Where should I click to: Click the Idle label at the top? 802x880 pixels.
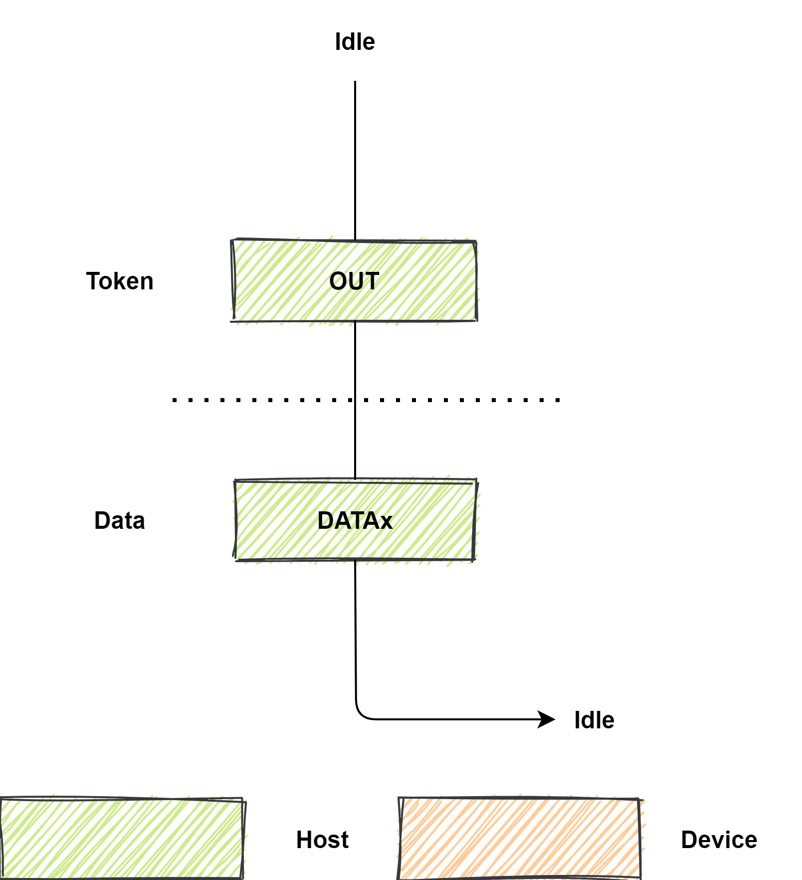click(x=355, y=42)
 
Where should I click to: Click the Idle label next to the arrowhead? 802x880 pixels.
click(x=594, y=720)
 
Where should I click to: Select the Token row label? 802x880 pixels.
click(x=120, y=281)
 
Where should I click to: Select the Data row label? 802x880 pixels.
click(x=120, y=521)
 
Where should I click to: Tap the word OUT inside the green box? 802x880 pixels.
click(x=354, y=281)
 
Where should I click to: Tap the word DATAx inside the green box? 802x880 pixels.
click(x=355, y=521)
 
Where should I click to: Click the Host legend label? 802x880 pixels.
click(x=322, y=840)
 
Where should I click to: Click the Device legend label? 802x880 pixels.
click(x=719, y=840)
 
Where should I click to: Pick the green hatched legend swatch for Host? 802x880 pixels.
click(x=122, y=839)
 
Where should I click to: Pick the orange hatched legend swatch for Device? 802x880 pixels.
click(x=519, y=839)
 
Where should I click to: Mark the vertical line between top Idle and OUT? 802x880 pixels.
click(x=355, y=160)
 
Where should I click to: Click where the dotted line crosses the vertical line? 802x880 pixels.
click(x=355, y=400)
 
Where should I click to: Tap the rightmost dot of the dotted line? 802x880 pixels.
click(x=558, y=400)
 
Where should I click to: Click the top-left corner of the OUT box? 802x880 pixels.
click(x=233, y=241)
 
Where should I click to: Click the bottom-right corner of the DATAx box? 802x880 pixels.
click(x=474, y=559)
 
